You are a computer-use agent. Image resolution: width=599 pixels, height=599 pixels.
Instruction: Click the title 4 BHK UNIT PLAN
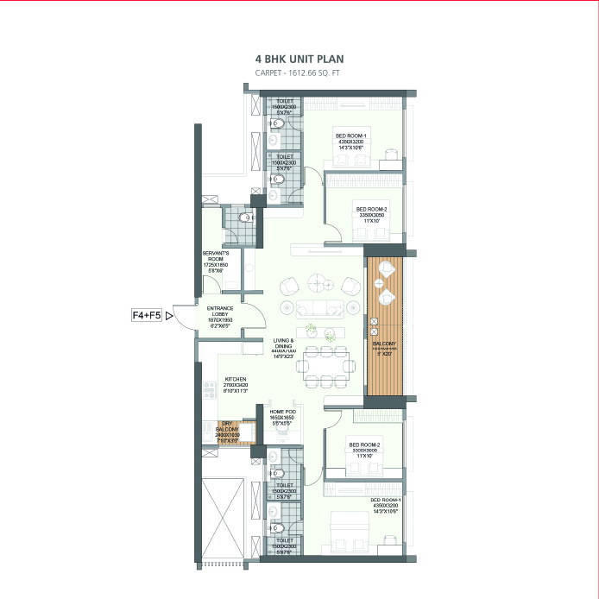(299, 59)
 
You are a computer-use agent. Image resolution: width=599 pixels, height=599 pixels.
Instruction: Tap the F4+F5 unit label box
(146, 317)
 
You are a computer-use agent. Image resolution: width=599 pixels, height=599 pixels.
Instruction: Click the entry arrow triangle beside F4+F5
(169, 317)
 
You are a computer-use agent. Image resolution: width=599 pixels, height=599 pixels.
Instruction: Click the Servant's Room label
(214, 256)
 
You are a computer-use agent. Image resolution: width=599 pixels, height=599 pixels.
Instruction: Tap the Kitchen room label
(236, 379)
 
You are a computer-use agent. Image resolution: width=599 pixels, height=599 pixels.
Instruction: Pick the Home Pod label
(283, 412)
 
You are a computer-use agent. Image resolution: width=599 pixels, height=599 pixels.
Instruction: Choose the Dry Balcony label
(226, 426)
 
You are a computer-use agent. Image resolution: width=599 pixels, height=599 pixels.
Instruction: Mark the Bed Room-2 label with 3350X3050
(371, 209)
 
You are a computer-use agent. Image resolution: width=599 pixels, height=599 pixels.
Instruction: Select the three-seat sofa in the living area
(318, 309)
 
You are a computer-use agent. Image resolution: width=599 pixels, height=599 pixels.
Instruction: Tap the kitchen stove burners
(207, 390)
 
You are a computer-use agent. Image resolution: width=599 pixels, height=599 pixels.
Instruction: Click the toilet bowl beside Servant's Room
(246, 218)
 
